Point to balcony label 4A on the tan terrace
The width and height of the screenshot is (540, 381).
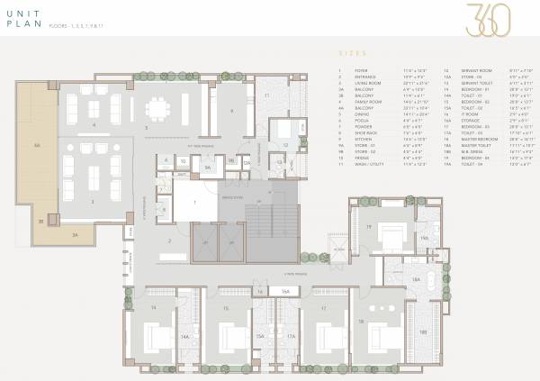[37, 145]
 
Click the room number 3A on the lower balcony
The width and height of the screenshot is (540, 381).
[76, 235]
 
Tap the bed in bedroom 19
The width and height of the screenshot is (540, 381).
[389, 236]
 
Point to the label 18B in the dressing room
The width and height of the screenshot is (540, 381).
[422, 331]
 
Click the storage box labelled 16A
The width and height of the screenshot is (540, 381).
[284, 292]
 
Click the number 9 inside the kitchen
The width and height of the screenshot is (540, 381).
[231, 110]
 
